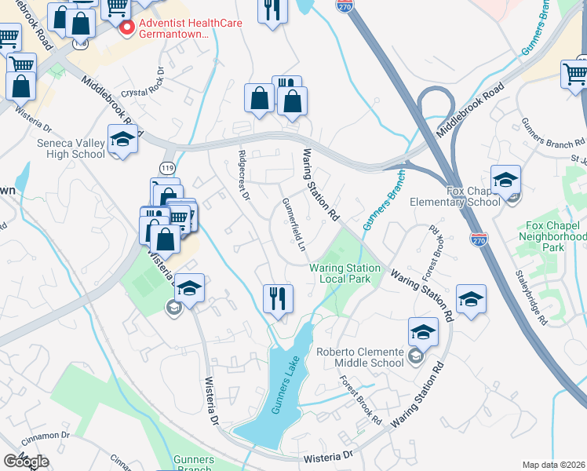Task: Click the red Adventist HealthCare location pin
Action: (x=125, y=28)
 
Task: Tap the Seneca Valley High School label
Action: (x=71, y=148)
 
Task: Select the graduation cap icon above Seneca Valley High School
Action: (x=122, y=140)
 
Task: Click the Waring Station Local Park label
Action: (x=345, y=273)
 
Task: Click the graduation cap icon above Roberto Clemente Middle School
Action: (x=423, y=333)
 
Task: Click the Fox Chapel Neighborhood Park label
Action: (x=553, y=240)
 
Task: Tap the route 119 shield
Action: (x=166, y=168)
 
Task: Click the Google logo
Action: (x=26, y=462)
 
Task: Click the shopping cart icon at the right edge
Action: (x=574, y=74)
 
